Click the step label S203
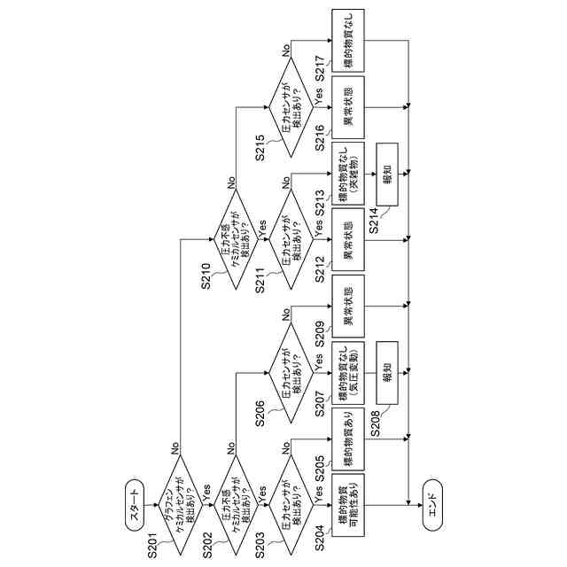[x=265, y=543]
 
